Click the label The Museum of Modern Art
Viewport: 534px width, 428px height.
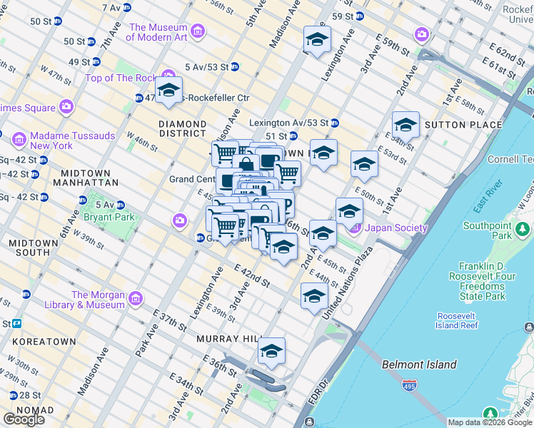(158, 32)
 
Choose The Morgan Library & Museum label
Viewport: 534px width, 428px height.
(98, 300)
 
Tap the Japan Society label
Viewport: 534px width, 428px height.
(396, 228)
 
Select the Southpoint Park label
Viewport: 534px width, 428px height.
(488, 230)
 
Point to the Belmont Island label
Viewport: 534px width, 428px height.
(419, 365)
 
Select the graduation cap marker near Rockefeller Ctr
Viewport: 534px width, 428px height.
(168, 91)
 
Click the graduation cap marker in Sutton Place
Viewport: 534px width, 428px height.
(405, 125)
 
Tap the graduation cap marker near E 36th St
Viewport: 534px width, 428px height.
(271, 351)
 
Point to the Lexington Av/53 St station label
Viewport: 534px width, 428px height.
(288, 123)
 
